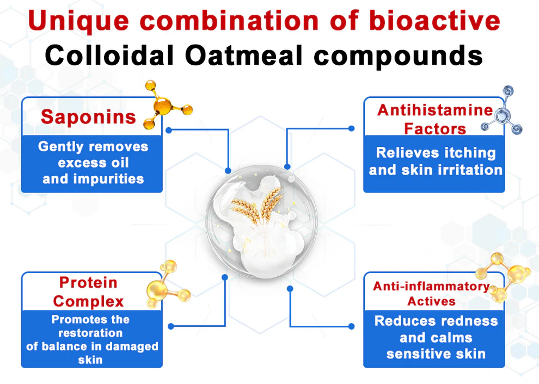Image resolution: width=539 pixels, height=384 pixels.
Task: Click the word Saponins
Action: [x=88, y=117]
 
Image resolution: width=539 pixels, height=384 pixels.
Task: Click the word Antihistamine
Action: [x=435, y=110]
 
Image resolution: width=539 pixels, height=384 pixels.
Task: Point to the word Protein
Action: [x=88, y=283]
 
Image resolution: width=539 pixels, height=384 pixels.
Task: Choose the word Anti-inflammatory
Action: [x=431, y=287]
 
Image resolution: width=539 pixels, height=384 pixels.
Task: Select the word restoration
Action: [x=90, y=333]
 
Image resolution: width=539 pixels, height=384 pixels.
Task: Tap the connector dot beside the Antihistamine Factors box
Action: [x=351, y=129]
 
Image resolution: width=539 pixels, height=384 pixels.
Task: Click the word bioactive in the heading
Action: [x=434, y=21]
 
